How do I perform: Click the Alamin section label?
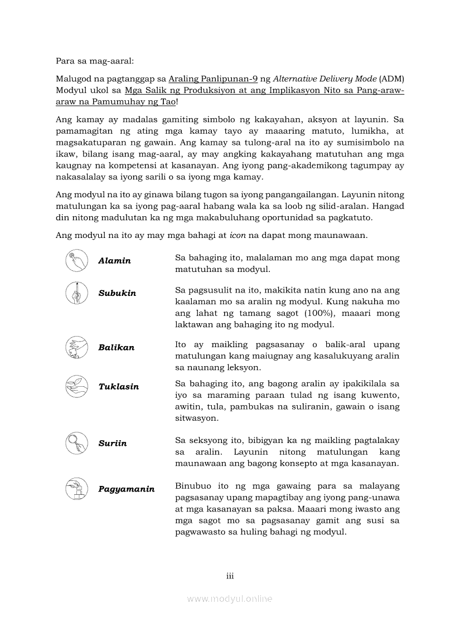pyautogui.click(x=114, y=261)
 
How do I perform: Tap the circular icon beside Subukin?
pyautogui.click(x=76, y=293)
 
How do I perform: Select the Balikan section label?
pyautogui.click(x=116, y=348)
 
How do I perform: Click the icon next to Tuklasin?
pyautogui.click(x=76, y=386)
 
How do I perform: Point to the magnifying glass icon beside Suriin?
pyautogui.click(x=76, y=443)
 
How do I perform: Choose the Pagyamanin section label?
pyautogui.click(x=126, y=489)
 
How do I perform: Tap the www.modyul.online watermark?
pyautogui.click(x=230, y=599)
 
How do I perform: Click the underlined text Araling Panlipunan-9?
pyautogui.click(x=213, y=79)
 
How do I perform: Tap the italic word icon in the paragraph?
pyautogui.click(x=238, y=235)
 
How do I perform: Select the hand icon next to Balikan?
pyautogui.click(x=76, y=347)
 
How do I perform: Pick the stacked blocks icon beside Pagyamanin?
pyautogui.click(x=76, y=489)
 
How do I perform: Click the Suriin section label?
pyautogui.click(x=112, y=444)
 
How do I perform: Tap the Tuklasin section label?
pyautogui.click(x=118, y=387)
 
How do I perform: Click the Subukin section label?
pyautogui.click(x=117, y=293)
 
